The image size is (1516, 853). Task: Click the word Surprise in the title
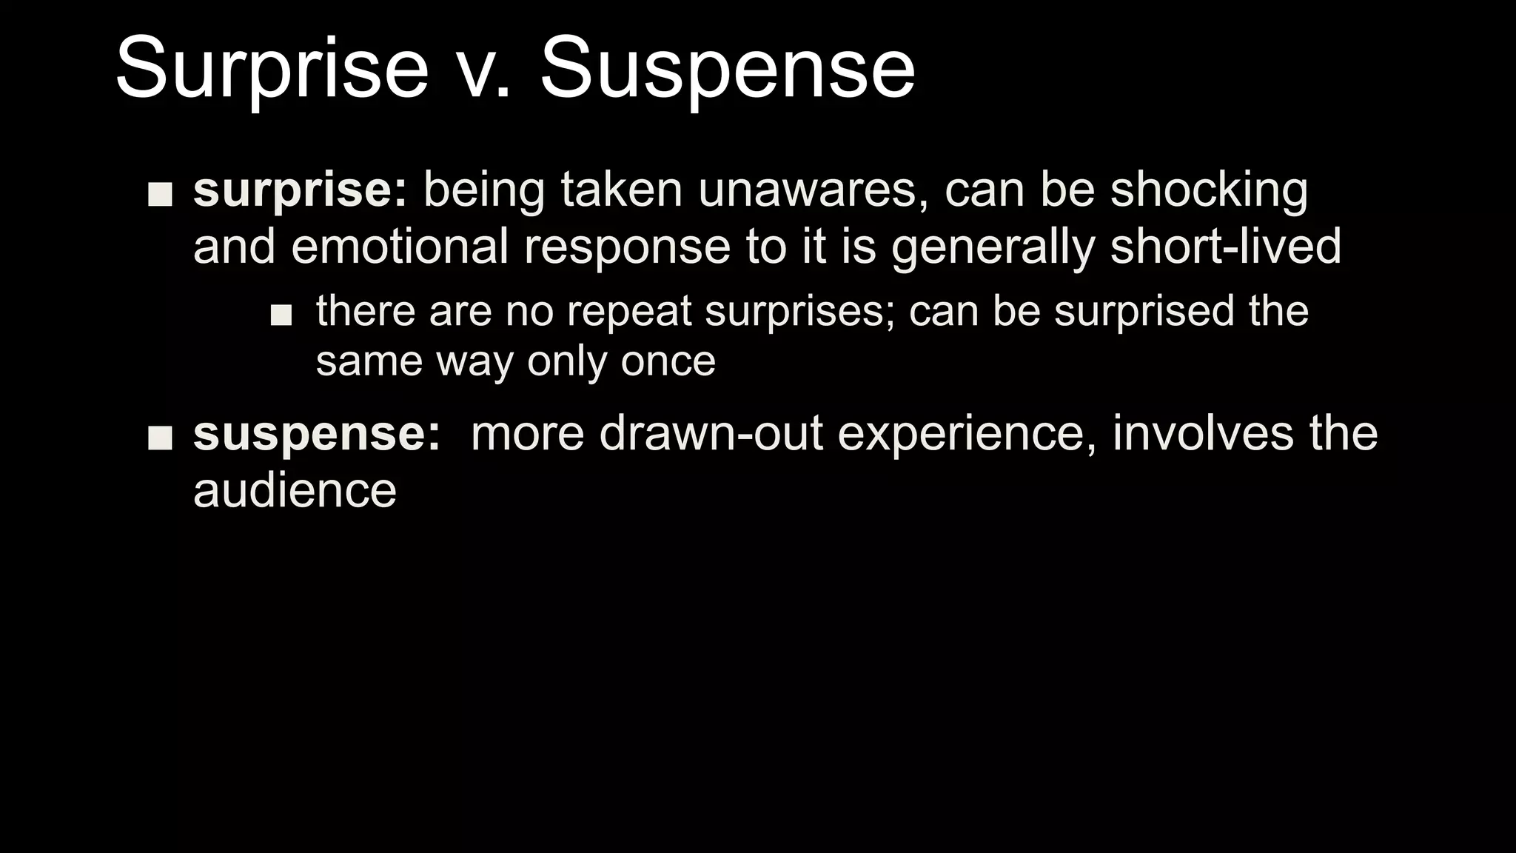272,70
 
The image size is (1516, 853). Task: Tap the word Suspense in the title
728,70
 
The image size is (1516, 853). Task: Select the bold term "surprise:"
300,190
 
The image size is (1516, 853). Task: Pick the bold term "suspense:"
317,434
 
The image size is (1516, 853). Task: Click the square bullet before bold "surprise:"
160,194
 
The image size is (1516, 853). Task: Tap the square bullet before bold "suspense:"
160,438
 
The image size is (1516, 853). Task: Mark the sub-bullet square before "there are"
281,315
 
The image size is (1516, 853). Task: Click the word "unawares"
813,190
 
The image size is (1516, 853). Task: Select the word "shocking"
1209,190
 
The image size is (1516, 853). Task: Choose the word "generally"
993,247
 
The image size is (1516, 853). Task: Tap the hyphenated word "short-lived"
1225,247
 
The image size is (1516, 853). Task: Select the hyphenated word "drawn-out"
711,434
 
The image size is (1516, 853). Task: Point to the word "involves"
1203,434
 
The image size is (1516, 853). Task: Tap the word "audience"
295,490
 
